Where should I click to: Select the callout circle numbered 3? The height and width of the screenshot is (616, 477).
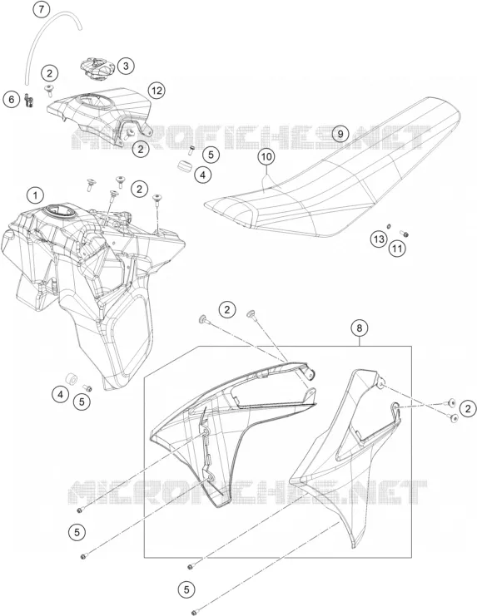click(126, 66)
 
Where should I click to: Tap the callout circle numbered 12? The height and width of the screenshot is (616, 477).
click(157, 91)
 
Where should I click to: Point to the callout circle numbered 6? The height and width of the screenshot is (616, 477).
click(12, 100)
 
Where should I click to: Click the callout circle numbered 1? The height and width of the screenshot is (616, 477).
click(36, 195)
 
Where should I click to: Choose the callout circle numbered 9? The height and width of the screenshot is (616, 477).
click(340, 134)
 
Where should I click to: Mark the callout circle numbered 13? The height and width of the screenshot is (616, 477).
click(379, 239)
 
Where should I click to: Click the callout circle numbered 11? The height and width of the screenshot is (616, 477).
click(398, 249)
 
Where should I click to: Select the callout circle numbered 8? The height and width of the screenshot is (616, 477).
click(360, 328)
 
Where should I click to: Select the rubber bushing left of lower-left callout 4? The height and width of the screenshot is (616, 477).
click(72, 379)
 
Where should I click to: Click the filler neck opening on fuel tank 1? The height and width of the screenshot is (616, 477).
click(60, 210)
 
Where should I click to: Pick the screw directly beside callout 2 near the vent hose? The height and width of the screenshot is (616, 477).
click(49, 90)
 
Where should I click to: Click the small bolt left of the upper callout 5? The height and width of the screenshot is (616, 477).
click(192, 150)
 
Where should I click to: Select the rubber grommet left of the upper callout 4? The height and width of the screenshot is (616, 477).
click(186, 165)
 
